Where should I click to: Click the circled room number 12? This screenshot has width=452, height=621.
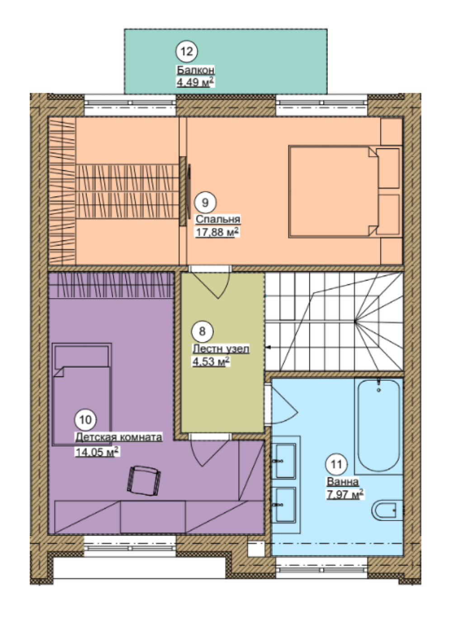(x=187, y=52)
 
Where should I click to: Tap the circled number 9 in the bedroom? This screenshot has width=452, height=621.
(x=205, y=203)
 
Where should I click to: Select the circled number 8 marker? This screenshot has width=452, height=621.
(x=202, y=331)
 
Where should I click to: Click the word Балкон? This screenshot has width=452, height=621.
(x=196, y=71)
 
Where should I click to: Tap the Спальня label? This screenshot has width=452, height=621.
(x=218, y=219)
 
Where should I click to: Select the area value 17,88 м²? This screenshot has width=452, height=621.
(x=217, y=232)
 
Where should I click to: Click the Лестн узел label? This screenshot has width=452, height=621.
(x=221, y=349)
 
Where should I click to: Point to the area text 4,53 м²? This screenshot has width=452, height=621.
(x=211, y=362)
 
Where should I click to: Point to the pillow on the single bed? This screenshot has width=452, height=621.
(x=82, y=357)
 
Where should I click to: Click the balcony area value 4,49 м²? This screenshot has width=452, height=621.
(x=196, y=82)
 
